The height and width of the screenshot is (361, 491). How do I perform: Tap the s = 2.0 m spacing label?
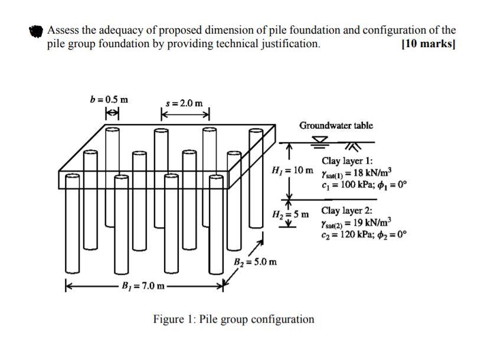(184, 104)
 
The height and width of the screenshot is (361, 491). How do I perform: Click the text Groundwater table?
(336, 126)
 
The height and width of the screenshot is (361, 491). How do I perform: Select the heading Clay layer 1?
(347, 160)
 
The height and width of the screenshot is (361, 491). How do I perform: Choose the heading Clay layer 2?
(347, 211)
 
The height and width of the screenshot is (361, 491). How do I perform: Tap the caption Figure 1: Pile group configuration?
(234, 320)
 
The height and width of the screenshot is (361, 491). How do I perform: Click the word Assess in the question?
(64, 30)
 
